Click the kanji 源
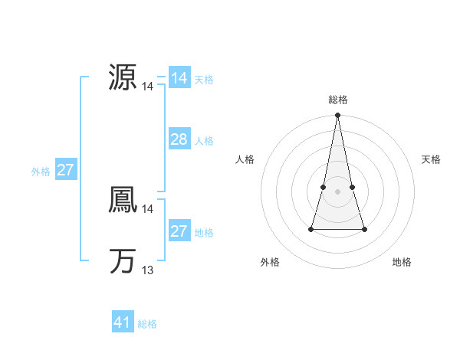123,78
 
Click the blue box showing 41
123,322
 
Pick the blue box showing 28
179,139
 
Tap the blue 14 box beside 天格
179,78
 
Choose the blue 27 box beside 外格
65,170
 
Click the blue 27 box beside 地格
179,231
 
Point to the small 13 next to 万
148,270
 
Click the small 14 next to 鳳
148,209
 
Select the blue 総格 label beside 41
147,324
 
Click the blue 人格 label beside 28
204,141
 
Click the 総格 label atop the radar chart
338,100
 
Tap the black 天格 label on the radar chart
431,159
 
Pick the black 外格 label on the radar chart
270,262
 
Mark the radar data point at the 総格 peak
338,116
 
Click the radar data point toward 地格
364,229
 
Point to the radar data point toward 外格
312,229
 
